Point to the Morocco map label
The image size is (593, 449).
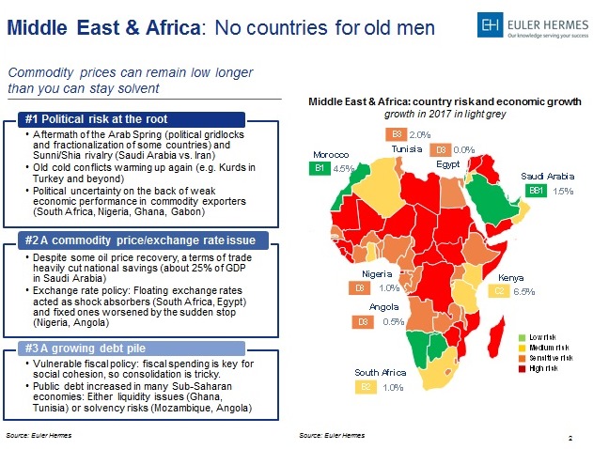331,154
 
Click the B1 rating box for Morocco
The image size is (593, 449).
320,168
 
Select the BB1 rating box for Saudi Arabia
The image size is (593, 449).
537,190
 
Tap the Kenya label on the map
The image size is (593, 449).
509,278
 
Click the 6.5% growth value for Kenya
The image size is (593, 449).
524,292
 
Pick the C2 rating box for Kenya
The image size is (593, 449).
501,292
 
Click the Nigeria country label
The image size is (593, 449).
377,274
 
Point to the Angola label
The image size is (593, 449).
384,307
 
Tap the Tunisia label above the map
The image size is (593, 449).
409,148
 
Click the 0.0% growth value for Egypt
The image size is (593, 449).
464,149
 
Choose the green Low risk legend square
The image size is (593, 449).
523,336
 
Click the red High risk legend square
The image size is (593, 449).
523,367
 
